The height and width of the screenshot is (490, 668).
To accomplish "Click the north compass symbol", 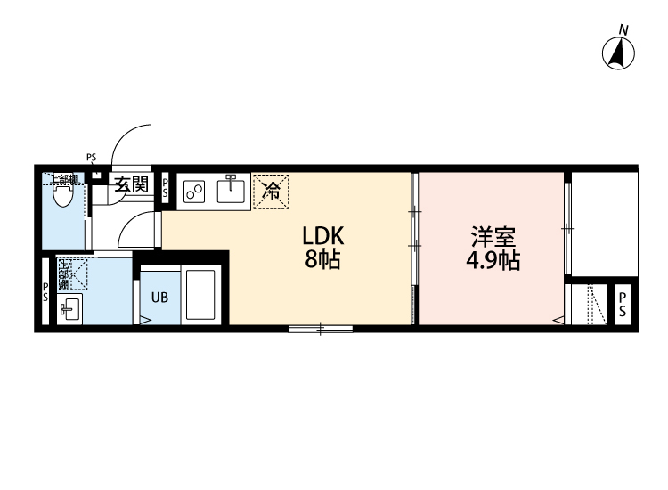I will coord(620,53).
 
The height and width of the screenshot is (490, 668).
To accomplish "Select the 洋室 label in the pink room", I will coord(491,238).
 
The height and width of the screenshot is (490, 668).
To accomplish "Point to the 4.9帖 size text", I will coord(492,261).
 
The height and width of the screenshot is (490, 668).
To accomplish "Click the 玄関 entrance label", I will coord(131,185).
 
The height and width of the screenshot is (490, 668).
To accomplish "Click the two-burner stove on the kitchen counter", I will coord(195,191).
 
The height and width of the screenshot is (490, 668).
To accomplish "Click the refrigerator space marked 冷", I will coord(271,190).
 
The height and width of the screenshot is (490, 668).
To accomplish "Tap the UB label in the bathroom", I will coord(159,298).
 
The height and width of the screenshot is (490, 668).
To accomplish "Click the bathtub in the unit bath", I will coord(200,294).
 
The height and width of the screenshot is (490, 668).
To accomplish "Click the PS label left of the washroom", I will coord(45,292).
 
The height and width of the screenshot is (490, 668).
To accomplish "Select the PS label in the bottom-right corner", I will coord(623,304).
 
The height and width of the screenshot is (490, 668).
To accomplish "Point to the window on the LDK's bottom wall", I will coord(320,330).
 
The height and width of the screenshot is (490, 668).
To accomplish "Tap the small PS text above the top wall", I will coord(91,158).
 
